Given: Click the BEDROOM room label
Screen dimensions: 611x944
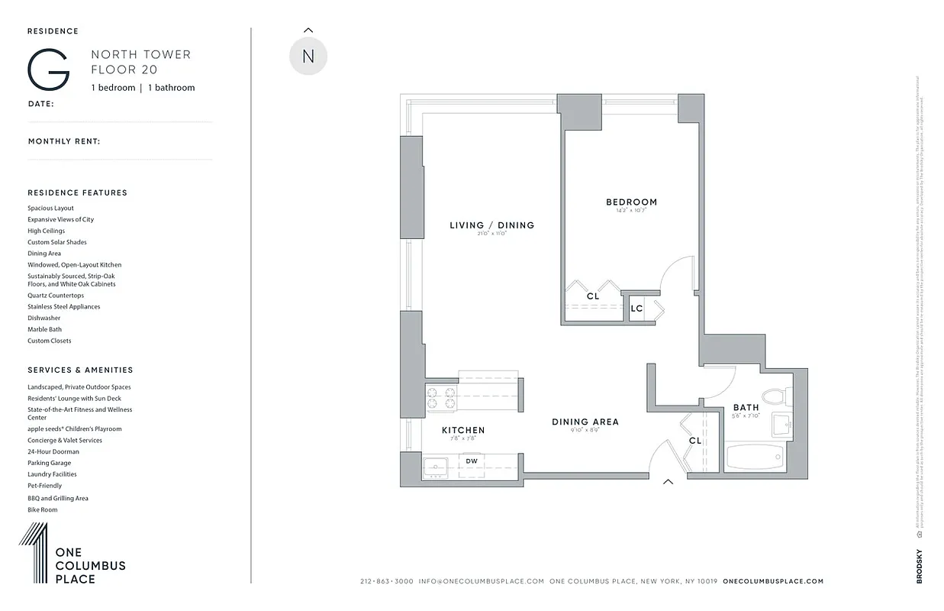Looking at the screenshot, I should pos(631,202).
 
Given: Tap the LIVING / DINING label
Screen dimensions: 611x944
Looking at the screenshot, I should pos(491,225).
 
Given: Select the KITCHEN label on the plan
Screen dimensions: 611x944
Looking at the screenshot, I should pos(463,431).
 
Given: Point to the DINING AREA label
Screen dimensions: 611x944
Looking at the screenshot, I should pos(585,422).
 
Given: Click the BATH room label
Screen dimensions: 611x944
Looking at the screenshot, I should pos(746,408).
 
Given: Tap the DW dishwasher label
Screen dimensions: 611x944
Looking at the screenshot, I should pos(472,461).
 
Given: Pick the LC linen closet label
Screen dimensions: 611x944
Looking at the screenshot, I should pos(636,309).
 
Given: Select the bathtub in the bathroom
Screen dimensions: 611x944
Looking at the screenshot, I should pos(754,458).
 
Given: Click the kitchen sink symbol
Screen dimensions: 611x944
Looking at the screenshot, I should pos(436,466).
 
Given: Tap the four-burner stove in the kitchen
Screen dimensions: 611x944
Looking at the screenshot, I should pos(440,399).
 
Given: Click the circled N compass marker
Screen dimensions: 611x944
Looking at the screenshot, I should pos(308,57).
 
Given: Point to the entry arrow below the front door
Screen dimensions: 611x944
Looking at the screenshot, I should pos(669,482).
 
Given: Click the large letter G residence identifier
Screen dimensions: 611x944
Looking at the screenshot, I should pos(49,70).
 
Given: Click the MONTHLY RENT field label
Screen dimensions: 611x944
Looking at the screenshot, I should pos(64,141).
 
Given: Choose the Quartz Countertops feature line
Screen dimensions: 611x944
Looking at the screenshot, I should pos(56,296).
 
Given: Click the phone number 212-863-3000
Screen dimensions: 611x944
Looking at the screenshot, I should pos(386,581).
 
